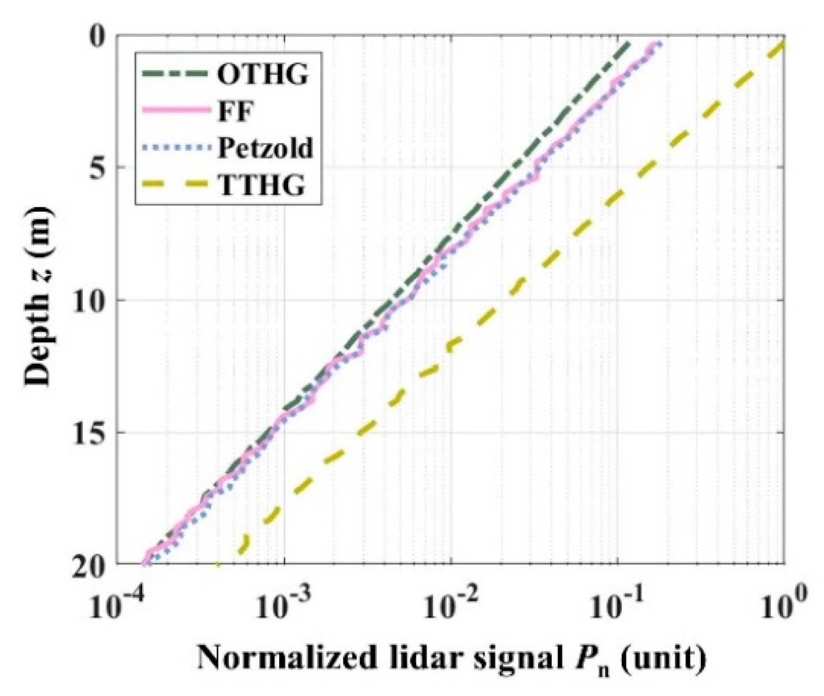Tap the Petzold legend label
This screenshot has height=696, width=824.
pos(265,148)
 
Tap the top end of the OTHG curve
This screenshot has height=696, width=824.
pos(629,43)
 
